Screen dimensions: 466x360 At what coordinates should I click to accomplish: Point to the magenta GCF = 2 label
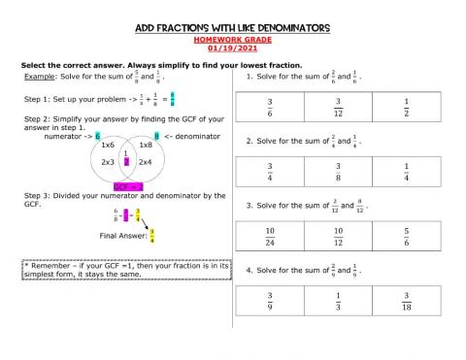click(x=128, y=186)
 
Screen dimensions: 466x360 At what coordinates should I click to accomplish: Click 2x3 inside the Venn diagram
click(x=108, y=161)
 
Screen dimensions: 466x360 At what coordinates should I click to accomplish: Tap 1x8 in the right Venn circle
click(x=146, y=145)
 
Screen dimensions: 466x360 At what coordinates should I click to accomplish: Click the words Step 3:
click(x=38, y=195)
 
